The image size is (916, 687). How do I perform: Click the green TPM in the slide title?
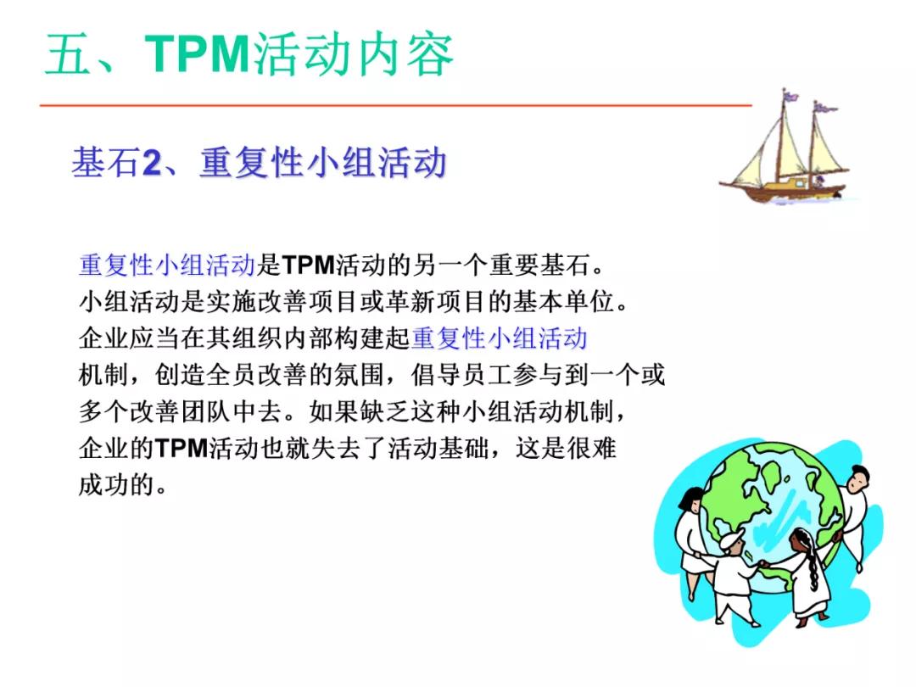(198, 55)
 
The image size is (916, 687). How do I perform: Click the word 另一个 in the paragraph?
(447, 265)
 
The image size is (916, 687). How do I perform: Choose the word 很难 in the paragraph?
(593, 449)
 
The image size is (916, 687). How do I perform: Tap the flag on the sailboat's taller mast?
(790, 95)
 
